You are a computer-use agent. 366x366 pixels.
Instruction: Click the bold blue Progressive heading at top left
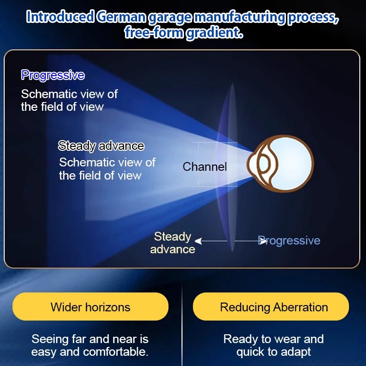click(53, 75)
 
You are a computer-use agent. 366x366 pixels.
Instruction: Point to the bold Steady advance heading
click(101, 145)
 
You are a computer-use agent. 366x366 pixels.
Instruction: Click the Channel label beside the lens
click(205, 167)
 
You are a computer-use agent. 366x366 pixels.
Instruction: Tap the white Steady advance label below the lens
click(172, 243)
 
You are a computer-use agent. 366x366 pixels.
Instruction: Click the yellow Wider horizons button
click(90, 307)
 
